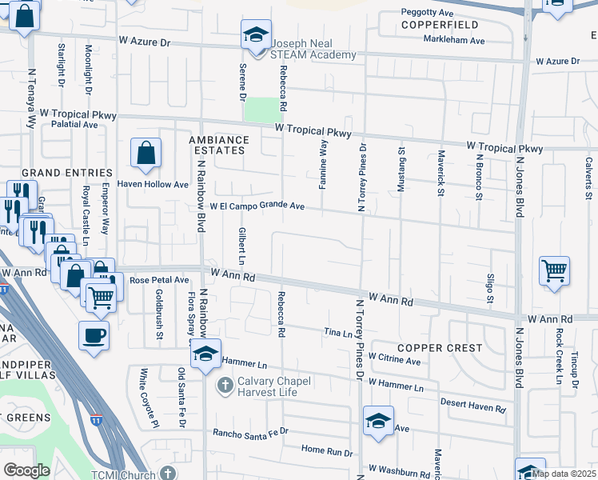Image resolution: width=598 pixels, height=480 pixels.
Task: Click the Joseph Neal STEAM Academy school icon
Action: tap(256, 34)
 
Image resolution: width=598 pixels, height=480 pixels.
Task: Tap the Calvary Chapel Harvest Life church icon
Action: tap(225, 386)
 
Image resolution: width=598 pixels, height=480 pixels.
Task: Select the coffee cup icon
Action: tap(94, 334)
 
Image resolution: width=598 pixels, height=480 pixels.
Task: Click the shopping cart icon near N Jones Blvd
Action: tap(554, 270)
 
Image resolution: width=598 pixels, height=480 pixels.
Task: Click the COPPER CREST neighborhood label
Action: tap(440, 348)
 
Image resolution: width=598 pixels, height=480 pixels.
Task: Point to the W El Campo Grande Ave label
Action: tap(257, 206)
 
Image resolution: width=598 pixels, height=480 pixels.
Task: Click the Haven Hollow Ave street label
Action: tap(153, 184)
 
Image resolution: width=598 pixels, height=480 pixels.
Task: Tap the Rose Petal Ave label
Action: tap(158, 281)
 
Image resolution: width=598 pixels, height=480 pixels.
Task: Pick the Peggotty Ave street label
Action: tap(427, 13)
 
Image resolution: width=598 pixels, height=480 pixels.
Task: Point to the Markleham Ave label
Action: tap(454, 39)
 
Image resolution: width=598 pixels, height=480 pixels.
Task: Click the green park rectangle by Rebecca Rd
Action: tap(257, 110)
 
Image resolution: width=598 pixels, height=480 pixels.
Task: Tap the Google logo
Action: tap(26, 470)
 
